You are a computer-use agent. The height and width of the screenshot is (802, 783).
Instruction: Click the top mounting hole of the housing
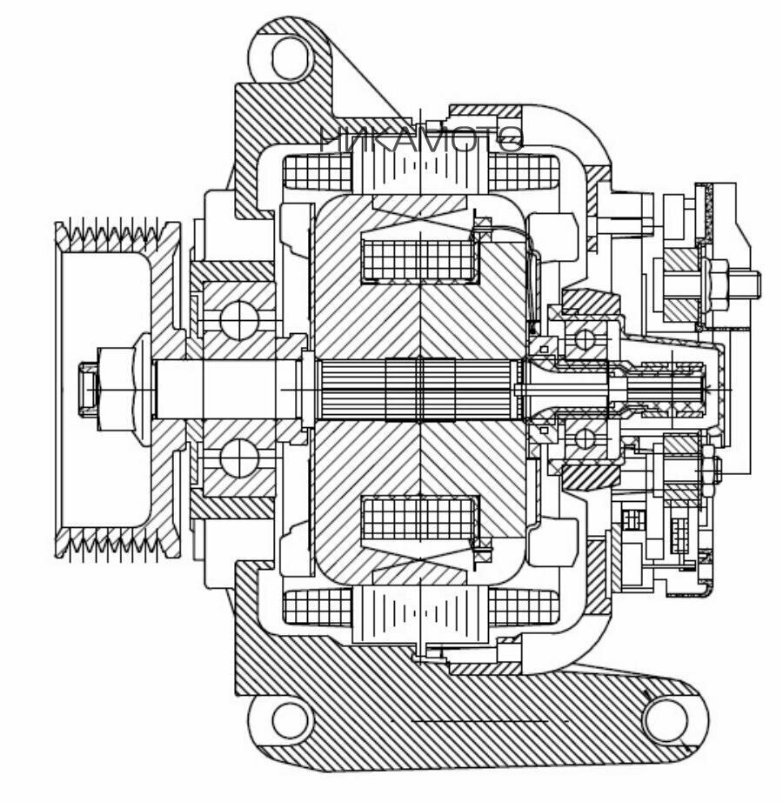[291, 59]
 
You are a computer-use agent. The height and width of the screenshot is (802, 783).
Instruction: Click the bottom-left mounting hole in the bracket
[291, 719]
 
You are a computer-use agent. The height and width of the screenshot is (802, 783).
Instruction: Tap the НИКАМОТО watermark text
[421, 139]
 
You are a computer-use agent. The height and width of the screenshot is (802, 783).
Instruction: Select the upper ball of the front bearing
[237, 319]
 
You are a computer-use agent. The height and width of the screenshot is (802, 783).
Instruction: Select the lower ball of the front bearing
[237, 458]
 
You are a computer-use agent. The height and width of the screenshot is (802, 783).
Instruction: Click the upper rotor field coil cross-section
[421, 259]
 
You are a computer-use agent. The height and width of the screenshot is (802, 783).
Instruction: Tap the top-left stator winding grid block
[318, 172]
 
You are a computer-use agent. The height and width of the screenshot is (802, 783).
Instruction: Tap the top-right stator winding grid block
[522, 172]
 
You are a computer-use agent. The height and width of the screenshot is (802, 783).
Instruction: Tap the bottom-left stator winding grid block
[318, 606]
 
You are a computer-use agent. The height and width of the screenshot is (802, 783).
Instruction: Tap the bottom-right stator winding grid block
[522, 606]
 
